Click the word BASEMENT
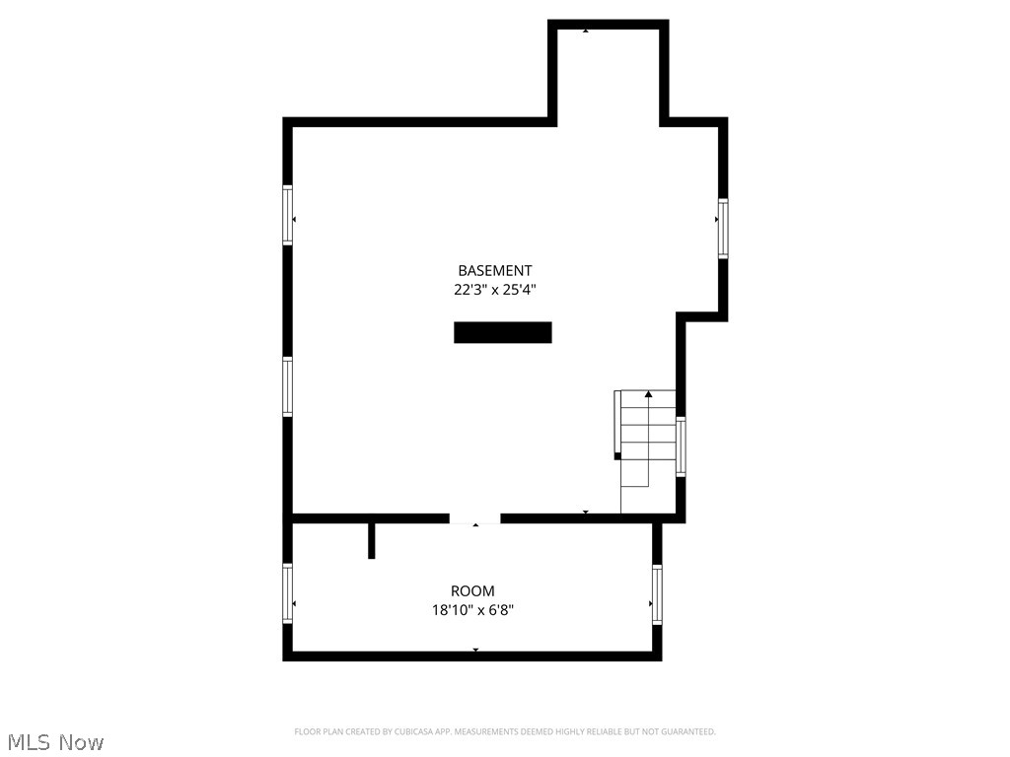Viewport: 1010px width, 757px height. pyautogui.click(x=495, y=270)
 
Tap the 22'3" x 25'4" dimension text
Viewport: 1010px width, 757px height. pyautogui.click(x=495, y=290)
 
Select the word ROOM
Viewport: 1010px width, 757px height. pyautogui.click(x=472, y=591)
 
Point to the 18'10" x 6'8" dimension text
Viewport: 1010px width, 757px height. pyautogui.click(x=472, y=610)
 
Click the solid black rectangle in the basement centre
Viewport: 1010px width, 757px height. pyautogui.click(x=502, y=332)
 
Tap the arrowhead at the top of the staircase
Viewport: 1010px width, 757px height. pyautogui.click(x=648, y=394)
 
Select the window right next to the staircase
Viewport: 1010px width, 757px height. pyautogui.click(x=681, y=447)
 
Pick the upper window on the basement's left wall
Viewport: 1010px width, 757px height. pyautogui.click(x=288, y=215)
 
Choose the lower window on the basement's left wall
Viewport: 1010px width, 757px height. pyautogui.click(x=288, y=386)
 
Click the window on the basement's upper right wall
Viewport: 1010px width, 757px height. pyautogui.click(x=723, y=229)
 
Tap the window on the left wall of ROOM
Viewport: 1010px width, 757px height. pyautogui.click(x=288, y=593)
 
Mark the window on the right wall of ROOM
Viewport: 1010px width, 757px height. pyautogui.click(x=657, y=595)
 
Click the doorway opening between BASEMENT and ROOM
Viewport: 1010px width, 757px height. pyautogui.click(x=475, y=518)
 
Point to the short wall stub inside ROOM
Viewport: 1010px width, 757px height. pyautogui.click(x=371, y=540)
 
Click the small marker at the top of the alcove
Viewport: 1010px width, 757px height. pyautogui.click(x=586, y=31)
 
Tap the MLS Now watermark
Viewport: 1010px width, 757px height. pyautogui.click(x=55, y=741)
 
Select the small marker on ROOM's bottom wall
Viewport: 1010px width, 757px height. pyautogui.click(x=475, y=650)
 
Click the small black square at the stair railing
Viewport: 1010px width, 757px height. pyautogui.click(x=617, y=455)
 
